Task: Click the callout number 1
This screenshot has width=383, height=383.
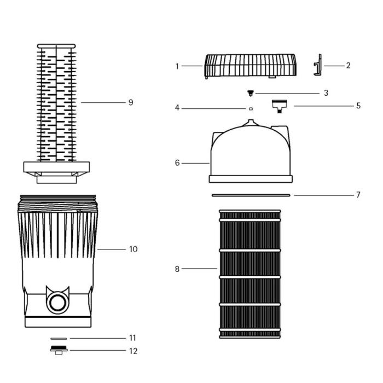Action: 177,66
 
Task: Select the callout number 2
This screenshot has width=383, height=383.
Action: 348,65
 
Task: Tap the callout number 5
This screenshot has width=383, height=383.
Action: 358,106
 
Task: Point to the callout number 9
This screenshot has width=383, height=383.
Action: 130,102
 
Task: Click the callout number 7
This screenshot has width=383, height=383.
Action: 358,195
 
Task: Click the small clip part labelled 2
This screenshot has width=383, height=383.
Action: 316,66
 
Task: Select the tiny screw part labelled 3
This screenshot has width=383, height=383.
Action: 251,93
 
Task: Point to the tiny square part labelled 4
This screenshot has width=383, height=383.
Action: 251,109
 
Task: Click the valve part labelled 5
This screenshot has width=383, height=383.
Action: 280,105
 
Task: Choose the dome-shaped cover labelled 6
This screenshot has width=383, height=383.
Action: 251,153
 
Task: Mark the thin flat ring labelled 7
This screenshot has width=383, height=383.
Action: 251,194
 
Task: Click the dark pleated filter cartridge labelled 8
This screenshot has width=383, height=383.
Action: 249,274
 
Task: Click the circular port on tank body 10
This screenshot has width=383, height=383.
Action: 57,301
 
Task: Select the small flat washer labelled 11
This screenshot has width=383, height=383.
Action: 58,339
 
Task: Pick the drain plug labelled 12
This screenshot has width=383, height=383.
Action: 58,351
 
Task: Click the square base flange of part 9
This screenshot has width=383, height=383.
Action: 56,167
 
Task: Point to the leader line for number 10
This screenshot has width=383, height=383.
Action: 112,249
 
